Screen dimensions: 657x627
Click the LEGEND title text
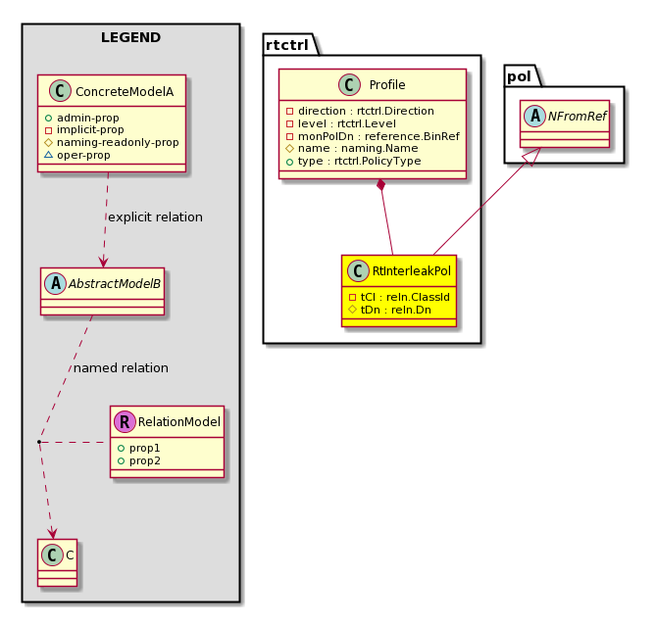pos(130,37)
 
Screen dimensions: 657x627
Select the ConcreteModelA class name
pos(125,92)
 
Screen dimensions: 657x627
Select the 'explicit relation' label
pos(155,217)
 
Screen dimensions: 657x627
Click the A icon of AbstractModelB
pos(55,283)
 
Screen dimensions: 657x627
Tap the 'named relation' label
pos(121,368)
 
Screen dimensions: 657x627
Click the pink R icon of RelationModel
pos(125,421)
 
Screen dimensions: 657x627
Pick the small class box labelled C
pos(58,562)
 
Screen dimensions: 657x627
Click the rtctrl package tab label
pos(287,45)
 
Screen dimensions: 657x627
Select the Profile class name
pos(387,85)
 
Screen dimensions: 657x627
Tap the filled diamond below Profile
pos(380,184)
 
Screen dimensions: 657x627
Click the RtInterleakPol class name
pos(412,271)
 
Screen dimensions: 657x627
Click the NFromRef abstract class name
pos(577,116)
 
